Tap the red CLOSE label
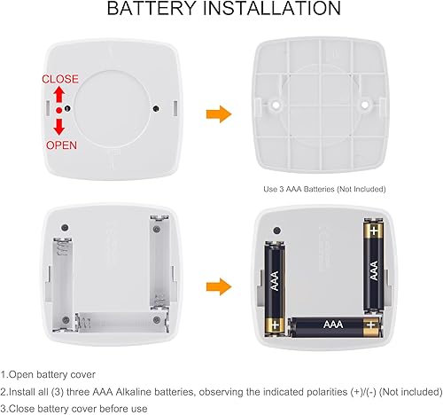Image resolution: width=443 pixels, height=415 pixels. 59,79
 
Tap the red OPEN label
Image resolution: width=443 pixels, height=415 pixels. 59,144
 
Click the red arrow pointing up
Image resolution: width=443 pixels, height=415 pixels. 59,95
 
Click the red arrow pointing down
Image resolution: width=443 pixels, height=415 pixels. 59,124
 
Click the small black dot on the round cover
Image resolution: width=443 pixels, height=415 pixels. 156,110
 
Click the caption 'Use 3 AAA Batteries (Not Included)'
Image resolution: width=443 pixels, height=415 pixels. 325,189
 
